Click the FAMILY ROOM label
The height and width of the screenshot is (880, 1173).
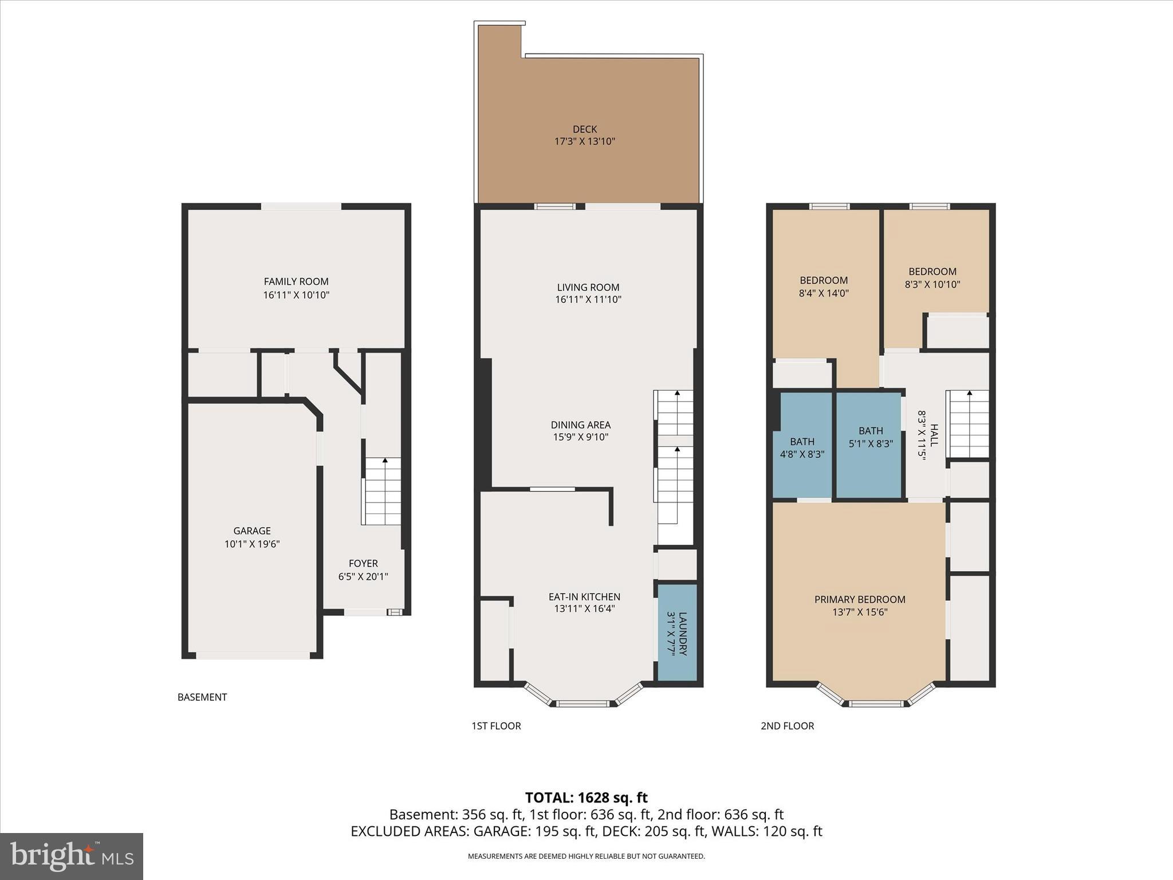(x=296, y=281)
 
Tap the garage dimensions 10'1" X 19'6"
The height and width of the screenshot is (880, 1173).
(x=252, y=544)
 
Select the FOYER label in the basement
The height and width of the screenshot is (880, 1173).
(x=363, y=563)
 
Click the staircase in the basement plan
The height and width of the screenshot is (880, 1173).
(x=383, y=491)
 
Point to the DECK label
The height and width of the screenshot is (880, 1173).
(x=585, y=129)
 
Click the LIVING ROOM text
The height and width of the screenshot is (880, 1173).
(x=588, y=287)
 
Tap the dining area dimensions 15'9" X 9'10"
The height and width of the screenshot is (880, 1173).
(x=581, y=437)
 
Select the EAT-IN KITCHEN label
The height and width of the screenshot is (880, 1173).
(x=584, y=596)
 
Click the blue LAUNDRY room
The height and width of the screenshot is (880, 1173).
(x=677, y=632)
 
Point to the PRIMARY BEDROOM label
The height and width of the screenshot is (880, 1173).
(x=860, y=599)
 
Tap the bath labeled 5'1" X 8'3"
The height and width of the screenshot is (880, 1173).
(x=871, y=437)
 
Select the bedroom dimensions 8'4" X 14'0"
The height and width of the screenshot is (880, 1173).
(x=824, y=293)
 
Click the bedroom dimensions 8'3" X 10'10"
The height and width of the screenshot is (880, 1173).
(x=932, y=284)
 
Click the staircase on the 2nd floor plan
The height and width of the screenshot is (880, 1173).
(x=968, y=424)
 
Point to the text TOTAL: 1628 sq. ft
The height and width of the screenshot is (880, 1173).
(x=586, y=797)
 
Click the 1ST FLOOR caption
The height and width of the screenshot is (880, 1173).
(x=496, y=726)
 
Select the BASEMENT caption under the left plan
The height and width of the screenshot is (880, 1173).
(x=202, y=697)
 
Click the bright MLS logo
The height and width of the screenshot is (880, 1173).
(x=72, y=856)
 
